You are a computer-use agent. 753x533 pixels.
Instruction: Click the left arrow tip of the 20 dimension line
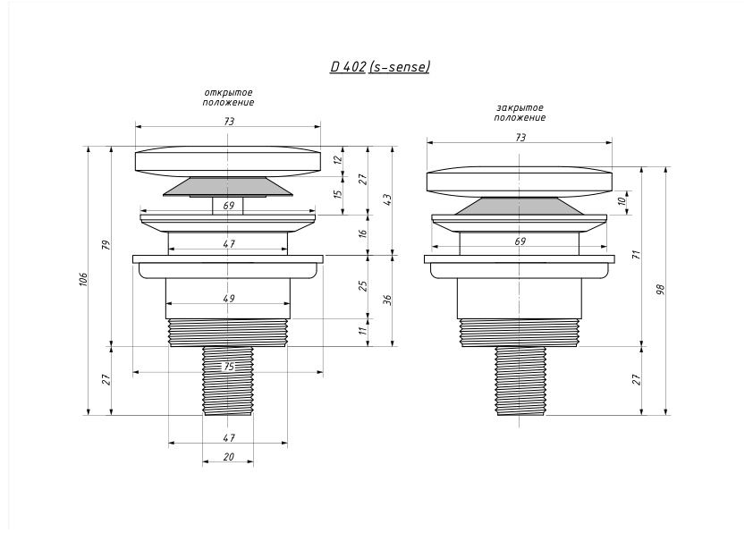(x=202, y=462)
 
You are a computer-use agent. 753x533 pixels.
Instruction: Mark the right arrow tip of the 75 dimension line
(x=323, y=372)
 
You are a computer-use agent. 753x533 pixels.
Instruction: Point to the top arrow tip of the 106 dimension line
(x=89, y=147)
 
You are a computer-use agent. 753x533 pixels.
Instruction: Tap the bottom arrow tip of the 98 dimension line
(x=665, y=415)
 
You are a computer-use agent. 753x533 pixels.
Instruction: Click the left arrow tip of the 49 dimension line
(x=165, y=303)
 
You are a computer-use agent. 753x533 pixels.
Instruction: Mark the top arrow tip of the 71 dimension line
(x=642, y=167)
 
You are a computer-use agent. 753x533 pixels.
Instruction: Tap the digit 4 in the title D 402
(x=347, y=66)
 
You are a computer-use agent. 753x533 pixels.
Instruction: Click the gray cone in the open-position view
(x=228, y=186)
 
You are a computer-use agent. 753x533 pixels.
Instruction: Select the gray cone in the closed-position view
(x=520, y=206)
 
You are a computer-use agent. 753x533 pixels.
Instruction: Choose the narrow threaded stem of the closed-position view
(x=520, y=381)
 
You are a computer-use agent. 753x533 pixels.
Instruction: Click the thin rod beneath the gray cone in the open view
(x=228, y=206)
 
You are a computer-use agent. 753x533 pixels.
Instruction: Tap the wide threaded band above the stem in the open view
(x=228, y=333)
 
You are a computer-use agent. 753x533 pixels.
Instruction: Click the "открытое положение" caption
(x=228, y=97)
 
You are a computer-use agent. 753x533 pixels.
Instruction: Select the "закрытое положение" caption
(x=520, y=113)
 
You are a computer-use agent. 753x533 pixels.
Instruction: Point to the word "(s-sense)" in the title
(x=399, y=66)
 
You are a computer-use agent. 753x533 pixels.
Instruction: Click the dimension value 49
(x=229, y=298)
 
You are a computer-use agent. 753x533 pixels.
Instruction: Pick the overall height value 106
(x=83, y=280)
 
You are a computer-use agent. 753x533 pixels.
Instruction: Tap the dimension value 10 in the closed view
(x=622, y=200)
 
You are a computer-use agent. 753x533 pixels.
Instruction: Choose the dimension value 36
(x=388, y=300)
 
